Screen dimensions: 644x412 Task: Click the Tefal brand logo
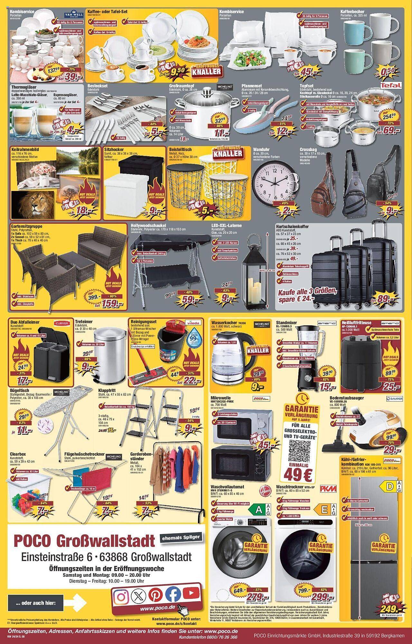390,85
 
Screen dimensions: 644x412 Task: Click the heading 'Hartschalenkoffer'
292,226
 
